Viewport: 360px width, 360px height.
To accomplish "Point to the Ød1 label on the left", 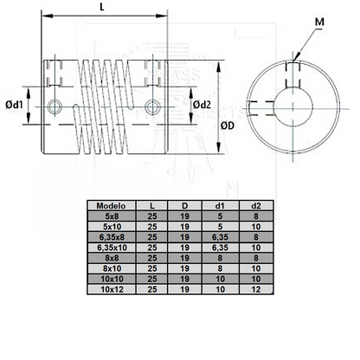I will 15,105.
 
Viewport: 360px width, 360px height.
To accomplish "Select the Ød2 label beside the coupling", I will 202,105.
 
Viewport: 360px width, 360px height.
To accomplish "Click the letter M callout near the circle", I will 321,20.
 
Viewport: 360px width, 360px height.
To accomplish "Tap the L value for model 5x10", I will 151,227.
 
